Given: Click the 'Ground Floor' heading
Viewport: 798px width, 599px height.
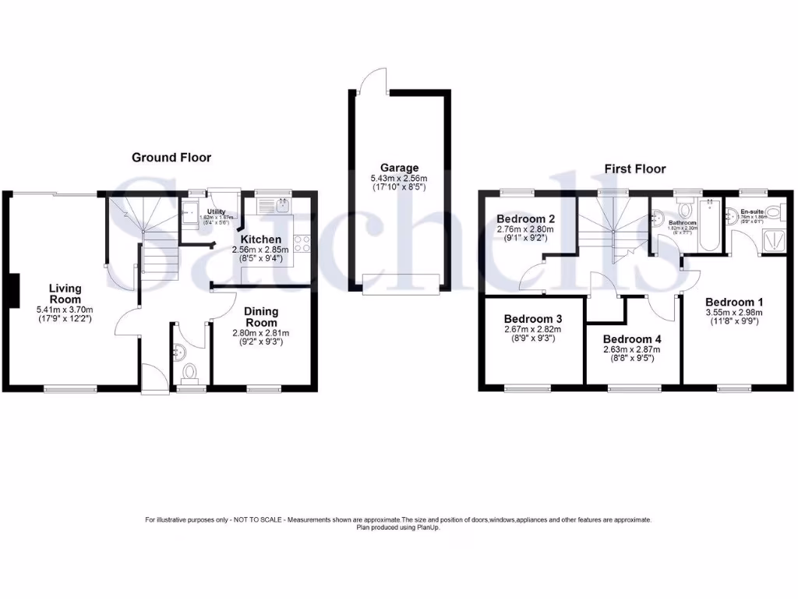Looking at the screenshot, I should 171,157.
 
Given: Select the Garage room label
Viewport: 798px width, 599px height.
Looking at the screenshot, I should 399,167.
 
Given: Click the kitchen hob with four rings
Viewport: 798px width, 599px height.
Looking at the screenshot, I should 302,243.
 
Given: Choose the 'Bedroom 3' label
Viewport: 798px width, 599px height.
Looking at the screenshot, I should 533,319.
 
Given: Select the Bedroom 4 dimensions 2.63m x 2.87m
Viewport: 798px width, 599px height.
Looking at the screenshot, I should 632,349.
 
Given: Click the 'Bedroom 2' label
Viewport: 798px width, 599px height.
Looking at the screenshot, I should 525,219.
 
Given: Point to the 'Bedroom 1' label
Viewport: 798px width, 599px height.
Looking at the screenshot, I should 734,302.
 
